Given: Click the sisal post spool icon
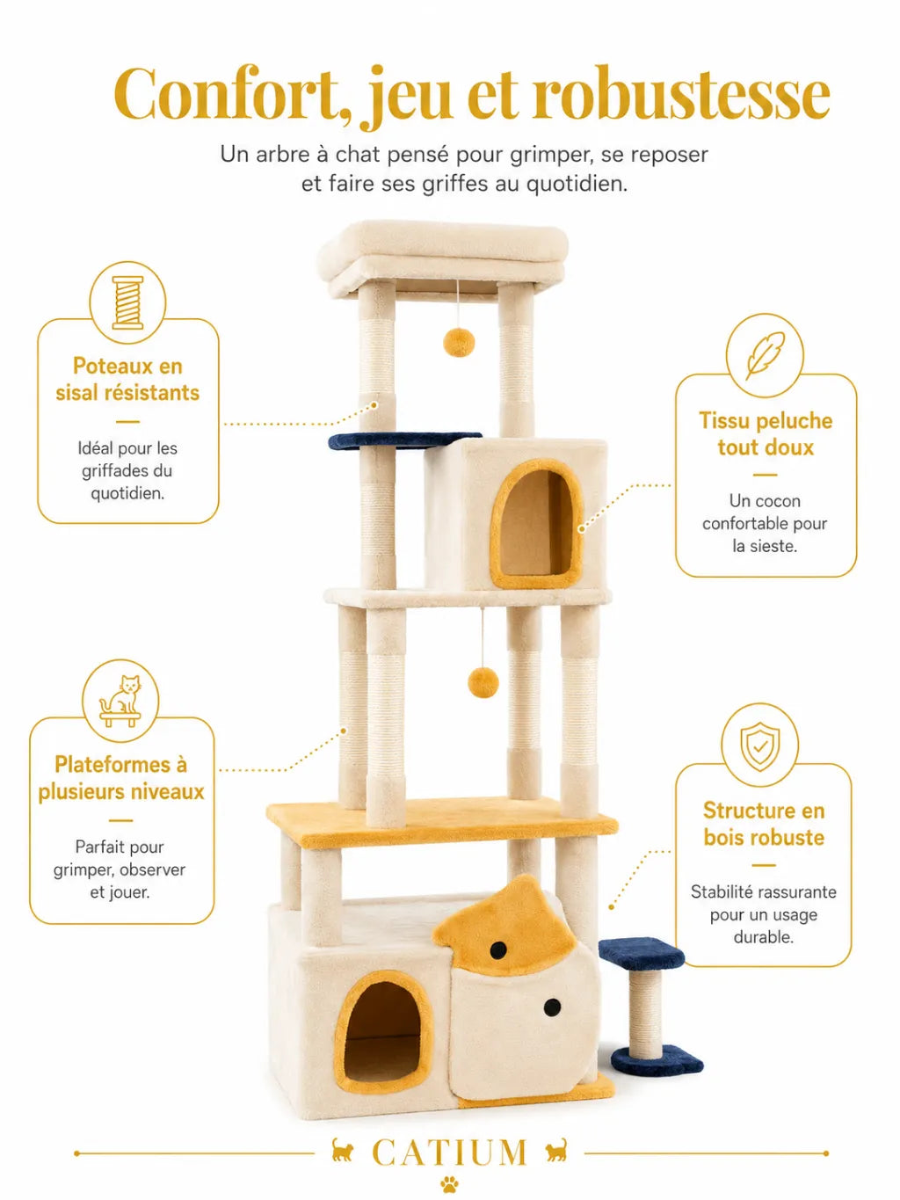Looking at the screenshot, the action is point(127,303).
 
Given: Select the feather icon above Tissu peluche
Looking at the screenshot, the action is point(765,355).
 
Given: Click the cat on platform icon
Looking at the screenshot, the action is point(120,701).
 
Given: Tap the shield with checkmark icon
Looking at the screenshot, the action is point(759,745).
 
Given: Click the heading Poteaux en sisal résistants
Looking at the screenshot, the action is point(127,380).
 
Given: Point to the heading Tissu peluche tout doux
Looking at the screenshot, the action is point(766,434).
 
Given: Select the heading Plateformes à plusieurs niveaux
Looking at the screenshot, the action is point(120,778).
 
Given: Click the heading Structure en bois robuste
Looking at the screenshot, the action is point(764,824).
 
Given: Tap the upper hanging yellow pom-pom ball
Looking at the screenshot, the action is point(459,342).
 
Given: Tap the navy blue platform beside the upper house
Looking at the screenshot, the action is point(403,440).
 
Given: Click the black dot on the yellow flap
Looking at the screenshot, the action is point(497,949).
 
